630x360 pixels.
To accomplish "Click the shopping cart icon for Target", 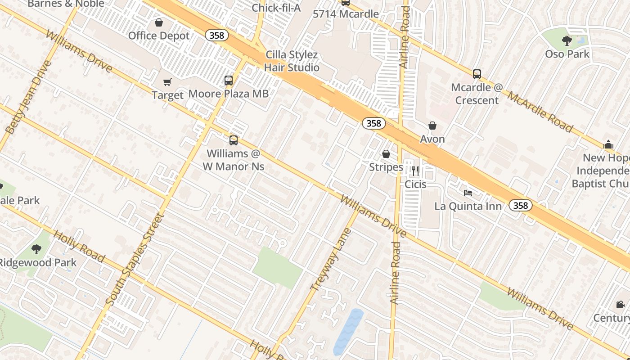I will click(x=167, y=82).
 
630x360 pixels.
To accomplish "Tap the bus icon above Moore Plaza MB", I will click(x=229, y=81).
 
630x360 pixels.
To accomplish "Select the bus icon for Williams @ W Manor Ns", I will click(x=233, y=140).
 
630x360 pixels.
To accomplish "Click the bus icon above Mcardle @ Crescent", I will click(x=477, y=74).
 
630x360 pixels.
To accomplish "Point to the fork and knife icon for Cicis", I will click(x=415, y=171).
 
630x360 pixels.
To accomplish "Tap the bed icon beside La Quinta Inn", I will click(x=468, y=193).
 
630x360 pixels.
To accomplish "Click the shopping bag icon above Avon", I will click(x=432, y=126).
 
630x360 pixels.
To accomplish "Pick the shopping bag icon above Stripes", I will click(x=386, y=154).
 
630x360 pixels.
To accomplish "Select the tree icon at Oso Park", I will click(x=567, y=41).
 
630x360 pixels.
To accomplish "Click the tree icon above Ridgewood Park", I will click(x=36, y=249).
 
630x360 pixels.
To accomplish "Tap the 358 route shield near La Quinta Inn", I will click(x=520, y=206).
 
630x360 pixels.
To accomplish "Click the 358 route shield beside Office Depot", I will click(x=216, y=35).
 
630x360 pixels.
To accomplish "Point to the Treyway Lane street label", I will click(x=331, y=260).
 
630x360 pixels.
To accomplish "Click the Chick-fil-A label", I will click(x=276, y=8).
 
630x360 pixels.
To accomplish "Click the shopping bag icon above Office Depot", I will click(x=159, y=22).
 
